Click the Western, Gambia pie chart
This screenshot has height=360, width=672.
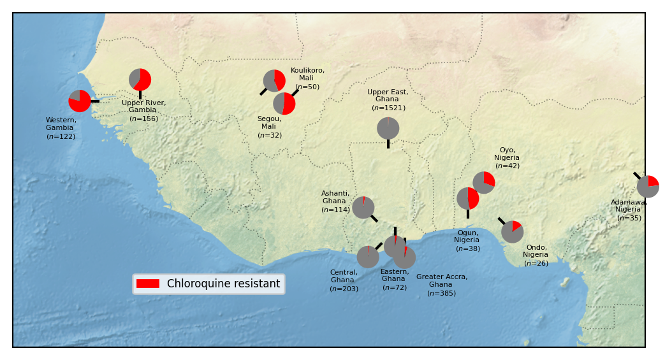80,101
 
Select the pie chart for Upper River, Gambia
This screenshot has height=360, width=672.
140,80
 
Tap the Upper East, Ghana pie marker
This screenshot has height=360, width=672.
388,129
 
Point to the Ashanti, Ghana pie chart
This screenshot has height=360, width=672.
363,208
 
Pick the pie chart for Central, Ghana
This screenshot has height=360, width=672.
368,257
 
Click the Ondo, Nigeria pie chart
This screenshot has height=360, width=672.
513,232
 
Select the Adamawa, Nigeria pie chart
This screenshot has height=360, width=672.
648,187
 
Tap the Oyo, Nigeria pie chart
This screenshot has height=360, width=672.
484,183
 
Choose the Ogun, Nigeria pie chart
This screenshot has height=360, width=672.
468,199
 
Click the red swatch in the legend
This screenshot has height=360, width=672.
148,284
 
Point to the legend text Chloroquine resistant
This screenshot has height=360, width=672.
223,284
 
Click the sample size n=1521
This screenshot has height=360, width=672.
388,108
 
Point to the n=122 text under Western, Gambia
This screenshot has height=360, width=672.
61,136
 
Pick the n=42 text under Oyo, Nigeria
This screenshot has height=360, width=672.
508,166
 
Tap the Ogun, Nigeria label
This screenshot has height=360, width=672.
467,236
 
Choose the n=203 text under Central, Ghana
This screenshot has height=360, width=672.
344,289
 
